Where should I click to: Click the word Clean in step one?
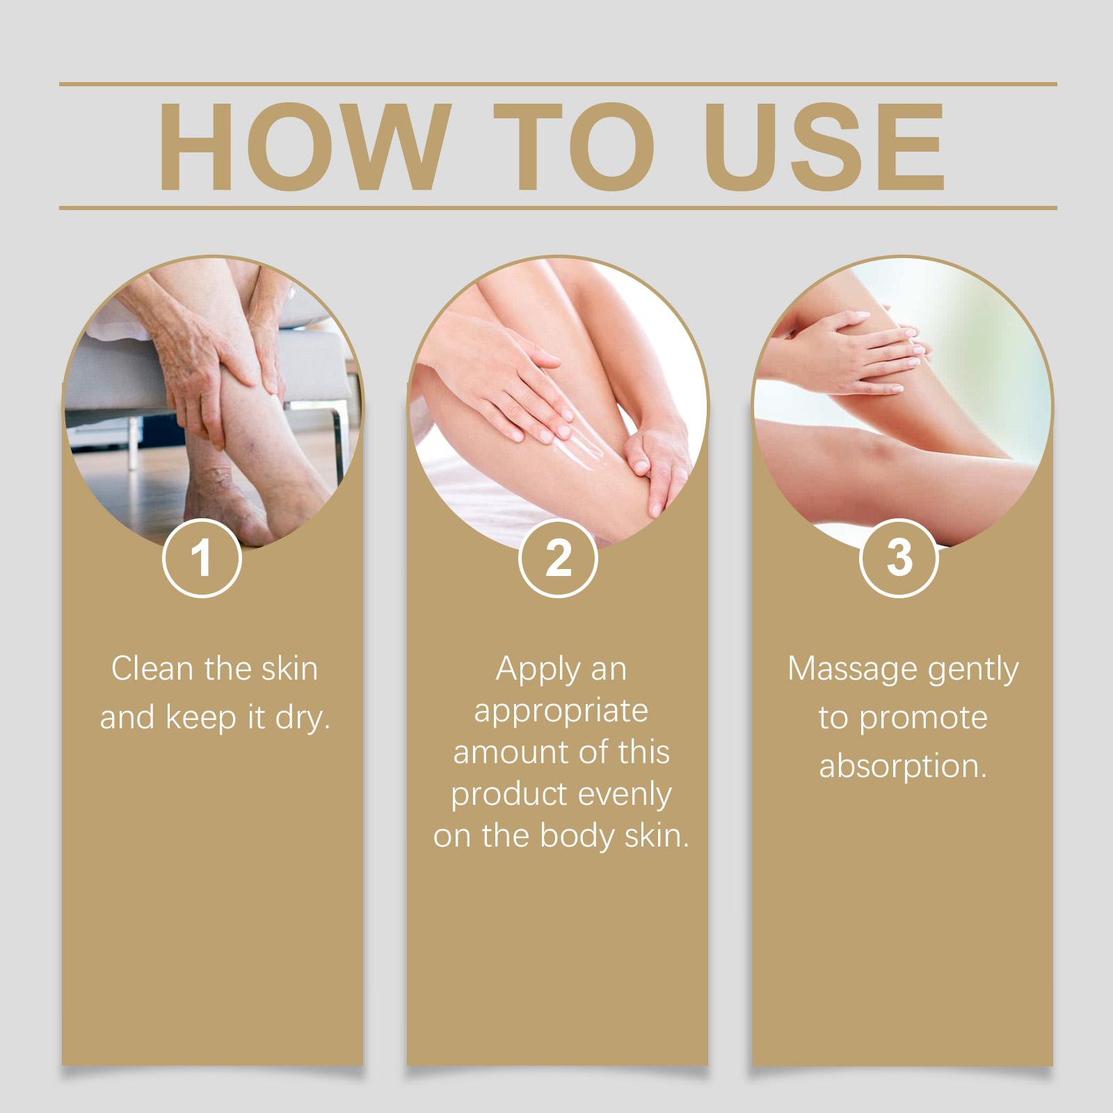152,668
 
